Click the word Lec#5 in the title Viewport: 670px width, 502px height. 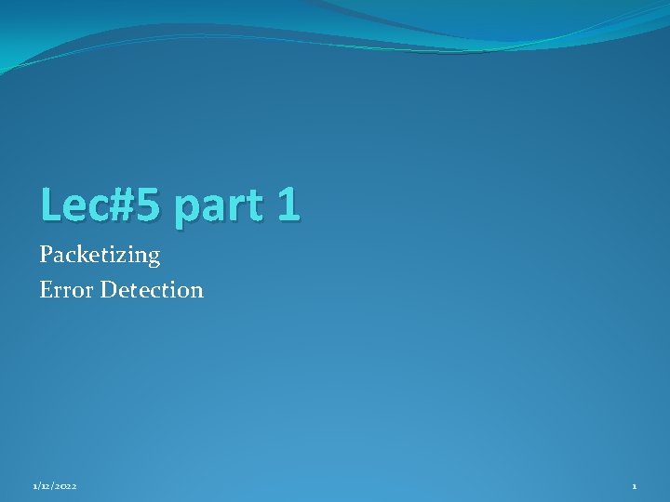pyautogui.click(x=100, y=205)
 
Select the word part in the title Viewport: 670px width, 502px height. pyautogui.click(x=217, y=207)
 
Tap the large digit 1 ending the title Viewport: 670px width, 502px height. pyautogui.click(x=288, y=205)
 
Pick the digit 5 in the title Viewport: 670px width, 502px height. pyautogui.click(x=147, y=205)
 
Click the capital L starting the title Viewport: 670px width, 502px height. pyautogui.click(x=51, y=205)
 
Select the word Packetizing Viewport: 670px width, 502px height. pyautogui.click(x=100, y=255)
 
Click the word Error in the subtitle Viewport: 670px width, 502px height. pyautogui.click(x=67, y=290)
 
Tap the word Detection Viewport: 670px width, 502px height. pyautogui.click(x=152, y=290)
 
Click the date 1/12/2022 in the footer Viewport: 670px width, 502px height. pyautogui.click(x=54, y=486)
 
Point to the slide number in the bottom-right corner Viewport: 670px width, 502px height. pyautogui.click(x=634, y=486)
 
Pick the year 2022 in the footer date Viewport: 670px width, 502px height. pyautogui.click(x=65, y=486)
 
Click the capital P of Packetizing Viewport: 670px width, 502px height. pyautogui.click(x=47, y=254)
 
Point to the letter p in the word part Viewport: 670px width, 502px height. pyautogui.click(x=186, y=209)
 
